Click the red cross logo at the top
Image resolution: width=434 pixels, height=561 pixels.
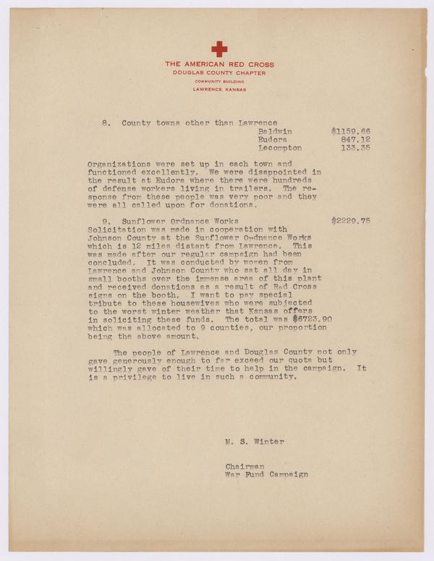pos(218,49)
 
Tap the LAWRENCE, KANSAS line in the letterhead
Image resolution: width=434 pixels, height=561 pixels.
pos(218,89)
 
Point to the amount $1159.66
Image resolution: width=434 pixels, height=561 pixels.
pos(350,132)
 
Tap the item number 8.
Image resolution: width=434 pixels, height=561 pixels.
pos(106,124)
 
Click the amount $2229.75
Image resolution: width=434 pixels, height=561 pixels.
pos(350,219)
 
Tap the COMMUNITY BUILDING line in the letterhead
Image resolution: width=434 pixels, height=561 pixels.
pos(218,82)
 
